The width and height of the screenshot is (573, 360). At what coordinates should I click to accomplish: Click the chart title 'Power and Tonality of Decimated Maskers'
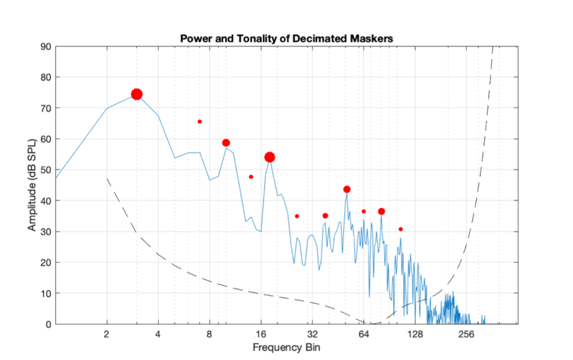(x=286, y=38)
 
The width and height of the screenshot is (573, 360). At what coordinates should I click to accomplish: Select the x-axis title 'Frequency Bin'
(x=286, y=347)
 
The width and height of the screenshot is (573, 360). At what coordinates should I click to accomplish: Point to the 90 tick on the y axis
(x=45, y=46)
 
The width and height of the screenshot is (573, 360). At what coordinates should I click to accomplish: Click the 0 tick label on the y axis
(x=48, y=324)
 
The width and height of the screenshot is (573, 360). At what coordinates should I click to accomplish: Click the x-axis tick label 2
(x=106, y=334)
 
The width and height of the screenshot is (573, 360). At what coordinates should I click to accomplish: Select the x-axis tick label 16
(x=261, y=334)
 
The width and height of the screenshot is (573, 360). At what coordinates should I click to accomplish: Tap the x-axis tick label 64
(x=364, y=334)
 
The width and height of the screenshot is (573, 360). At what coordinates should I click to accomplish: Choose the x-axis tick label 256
(x=467, y=334)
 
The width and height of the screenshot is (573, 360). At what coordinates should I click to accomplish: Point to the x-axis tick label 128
(x=415, y=334)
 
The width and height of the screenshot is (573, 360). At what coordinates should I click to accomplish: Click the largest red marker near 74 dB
(x=136, y=94)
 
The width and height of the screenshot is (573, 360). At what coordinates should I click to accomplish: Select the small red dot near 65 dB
(x=199, y=122)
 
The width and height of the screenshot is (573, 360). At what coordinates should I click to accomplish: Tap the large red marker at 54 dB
(x=269, y=157)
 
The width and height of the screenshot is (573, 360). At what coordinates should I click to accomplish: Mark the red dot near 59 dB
(x=226, y=143)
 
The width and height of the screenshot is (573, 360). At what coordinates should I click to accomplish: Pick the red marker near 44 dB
(x=347, y=189)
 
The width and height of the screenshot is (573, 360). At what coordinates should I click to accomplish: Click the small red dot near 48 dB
(x=251, y=176)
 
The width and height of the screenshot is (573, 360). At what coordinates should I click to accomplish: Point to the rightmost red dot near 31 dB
(x=401, y=229)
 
